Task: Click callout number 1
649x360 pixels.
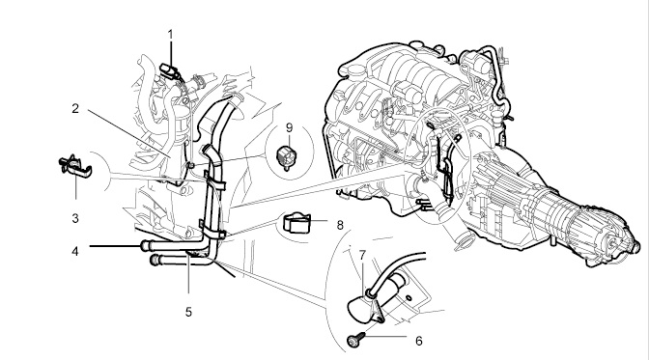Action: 170,35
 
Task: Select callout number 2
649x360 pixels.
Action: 75,109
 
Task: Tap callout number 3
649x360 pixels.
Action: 75,218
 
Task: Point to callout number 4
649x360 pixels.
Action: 75,251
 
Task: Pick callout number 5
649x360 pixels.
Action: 188,312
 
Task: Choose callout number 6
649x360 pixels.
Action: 419,341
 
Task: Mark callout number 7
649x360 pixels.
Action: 362,256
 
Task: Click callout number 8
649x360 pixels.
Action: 340,225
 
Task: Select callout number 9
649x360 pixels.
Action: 289,127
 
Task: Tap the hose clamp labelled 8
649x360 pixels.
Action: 296,223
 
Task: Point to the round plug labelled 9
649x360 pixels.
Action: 287,157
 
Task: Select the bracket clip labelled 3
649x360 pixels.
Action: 74,166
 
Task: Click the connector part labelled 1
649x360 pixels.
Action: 170,70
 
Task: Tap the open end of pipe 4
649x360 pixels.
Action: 144,245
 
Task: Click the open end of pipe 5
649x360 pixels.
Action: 154,261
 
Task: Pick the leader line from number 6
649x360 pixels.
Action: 386,337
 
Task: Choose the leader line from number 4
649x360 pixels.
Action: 115,246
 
